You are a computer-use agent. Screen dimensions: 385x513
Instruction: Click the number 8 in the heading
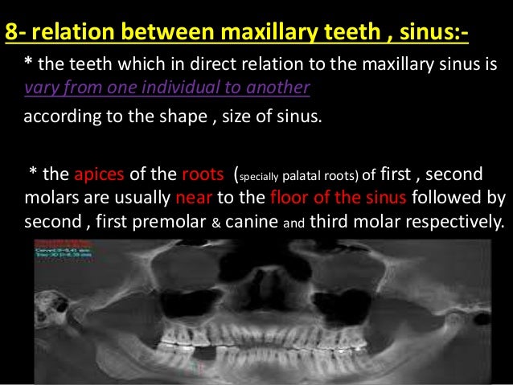click(10, 34)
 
